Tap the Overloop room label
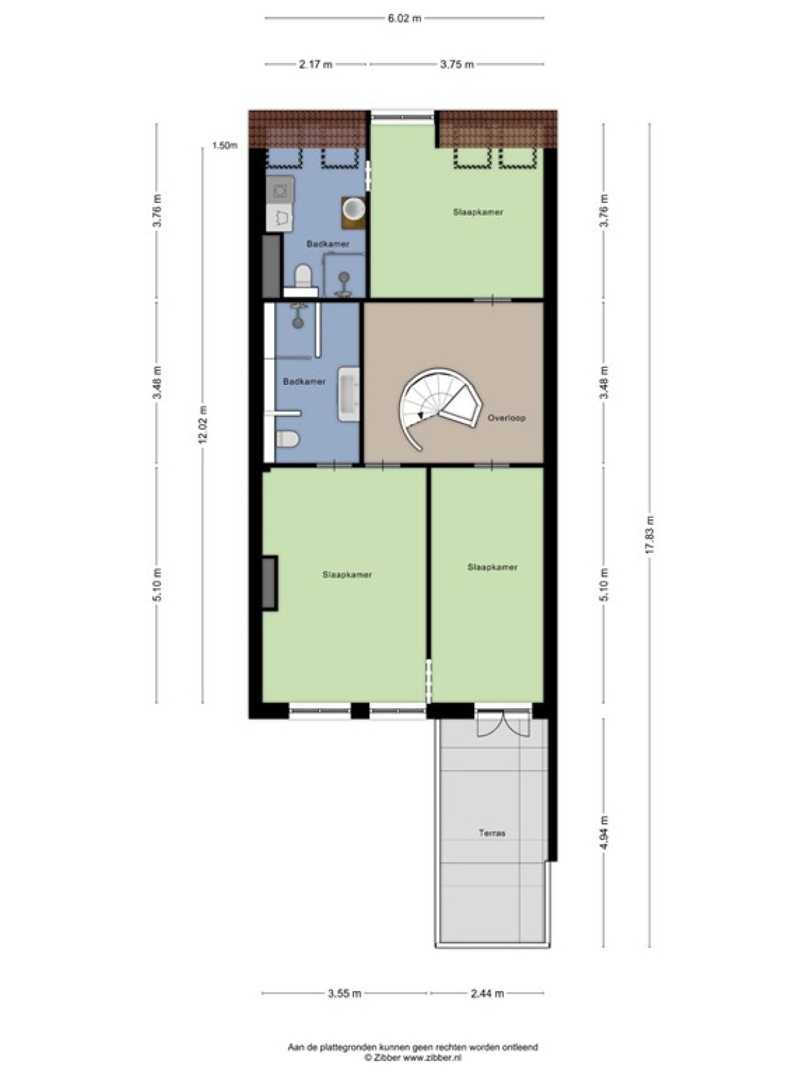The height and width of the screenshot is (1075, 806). (x=506, y=418)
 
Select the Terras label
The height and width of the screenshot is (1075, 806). (x=492, y=832)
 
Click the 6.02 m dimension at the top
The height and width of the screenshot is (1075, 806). (x=404, y=19)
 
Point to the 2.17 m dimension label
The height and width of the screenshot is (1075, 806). (x=316, y=64)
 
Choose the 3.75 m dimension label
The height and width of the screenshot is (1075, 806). (x=457, y=64)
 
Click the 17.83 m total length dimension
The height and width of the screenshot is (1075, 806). (x=650, y=535)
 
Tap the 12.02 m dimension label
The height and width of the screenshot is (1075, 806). (x=203, y=424)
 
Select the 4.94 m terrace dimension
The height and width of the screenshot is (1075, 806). (x=604, y=832)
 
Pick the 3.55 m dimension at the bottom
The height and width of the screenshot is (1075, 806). (x=345, y=993)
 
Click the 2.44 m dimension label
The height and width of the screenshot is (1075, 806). (x=486, y=993)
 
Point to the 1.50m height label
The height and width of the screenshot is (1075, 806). (x=224, y=145)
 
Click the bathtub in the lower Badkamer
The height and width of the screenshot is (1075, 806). (x=349, y=394)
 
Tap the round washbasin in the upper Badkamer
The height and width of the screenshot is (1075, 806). (x=353, y=209)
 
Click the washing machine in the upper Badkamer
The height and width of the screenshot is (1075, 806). (x=280, y=190)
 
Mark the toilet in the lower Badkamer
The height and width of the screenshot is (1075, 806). (x=287, y=438)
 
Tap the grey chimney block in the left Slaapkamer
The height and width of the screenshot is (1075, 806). (x=269, y=583)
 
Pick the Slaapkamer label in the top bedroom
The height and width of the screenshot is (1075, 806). (x=478, y=212)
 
